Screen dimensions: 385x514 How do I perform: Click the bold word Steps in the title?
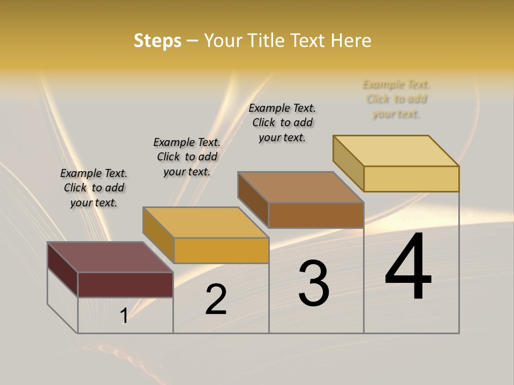point(157,41)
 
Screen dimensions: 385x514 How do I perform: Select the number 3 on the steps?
point(314,283)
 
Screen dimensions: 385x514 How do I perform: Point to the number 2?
point(216,299)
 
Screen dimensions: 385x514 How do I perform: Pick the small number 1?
point(124,316)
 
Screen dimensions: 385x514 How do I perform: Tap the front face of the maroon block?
point(125,284)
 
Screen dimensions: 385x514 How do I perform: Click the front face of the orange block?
point(221,250)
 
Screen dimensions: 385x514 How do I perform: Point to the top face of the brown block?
point(300,187)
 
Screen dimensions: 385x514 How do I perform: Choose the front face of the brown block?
point(316,215)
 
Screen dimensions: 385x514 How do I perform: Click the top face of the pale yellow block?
point(396,150)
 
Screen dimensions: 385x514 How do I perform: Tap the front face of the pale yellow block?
point(411,179)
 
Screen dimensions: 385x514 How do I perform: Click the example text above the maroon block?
point(94,188)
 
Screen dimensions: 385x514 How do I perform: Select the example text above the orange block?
point(187,157)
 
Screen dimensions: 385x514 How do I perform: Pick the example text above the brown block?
point(282,122)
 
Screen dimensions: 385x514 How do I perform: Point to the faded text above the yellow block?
point(396,99)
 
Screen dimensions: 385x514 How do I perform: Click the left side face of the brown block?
point(253,198)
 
